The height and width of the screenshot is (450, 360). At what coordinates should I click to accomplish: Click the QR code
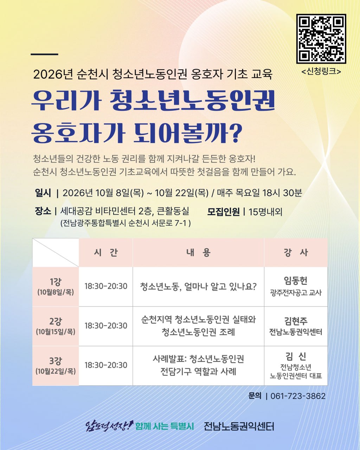[x=321, y=39]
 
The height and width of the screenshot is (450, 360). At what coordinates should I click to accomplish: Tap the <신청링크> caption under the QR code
[x=321, y=71]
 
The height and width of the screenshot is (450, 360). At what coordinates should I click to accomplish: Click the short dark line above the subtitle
[x=44, y=54]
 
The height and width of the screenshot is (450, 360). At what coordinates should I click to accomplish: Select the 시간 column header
[x=106, y=252]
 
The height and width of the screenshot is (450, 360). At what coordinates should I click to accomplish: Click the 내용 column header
[x=198, y=252]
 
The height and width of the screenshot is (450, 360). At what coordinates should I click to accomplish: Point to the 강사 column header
[x=296, y=252]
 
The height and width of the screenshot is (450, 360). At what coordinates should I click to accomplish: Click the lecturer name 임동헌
[x=296, y=281]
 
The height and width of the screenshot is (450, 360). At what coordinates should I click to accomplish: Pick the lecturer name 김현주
[x=296, y=321]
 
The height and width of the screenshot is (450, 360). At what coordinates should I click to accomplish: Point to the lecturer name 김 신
[x=296, y=356]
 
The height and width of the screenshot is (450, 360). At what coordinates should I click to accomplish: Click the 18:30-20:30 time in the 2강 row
[x=106, y=326]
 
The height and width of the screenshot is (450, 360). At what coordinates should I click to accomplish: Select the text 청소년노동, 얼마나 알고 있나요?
[x=198, y=286]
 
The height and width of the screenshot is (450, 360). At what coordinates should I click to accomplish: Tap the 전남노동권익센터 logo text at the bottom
[x=239, y=426]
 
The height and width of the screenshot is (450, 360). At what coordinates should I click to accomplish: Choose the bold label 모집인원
[x=223, y=212]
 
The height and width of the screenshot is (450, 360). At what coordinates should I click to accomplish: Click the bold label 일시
[x=43, y=193]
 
